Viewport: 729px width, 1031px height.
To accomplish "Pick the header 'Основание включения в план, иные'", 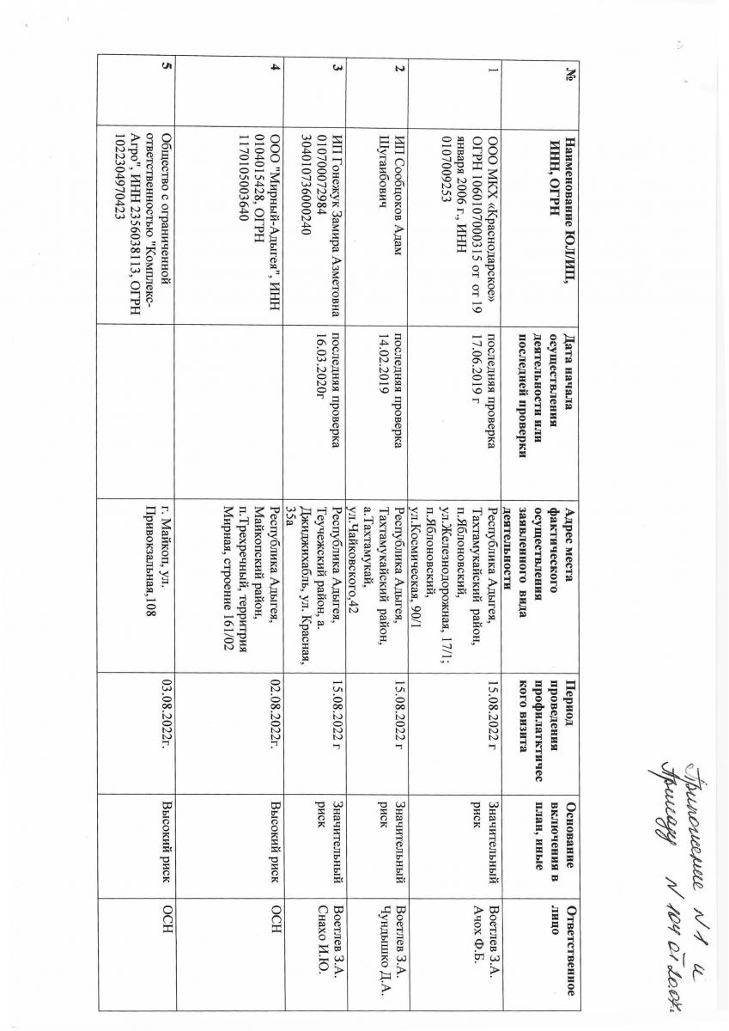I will [558, 829].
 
